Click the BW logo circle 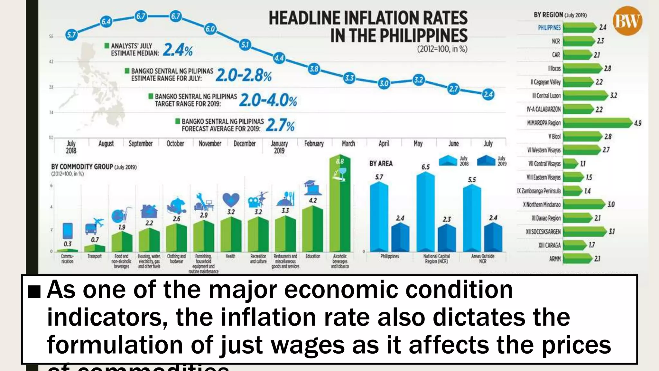[x=627, y=21]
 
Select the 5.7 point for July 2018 [x=71, y=34]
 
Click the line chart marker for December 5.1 [x=245, y=44]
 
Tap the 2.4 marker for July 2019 [x=488, y=94]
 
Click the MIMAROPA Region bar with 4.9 [x=597, y=123]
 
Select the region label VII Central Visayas [x=544, y=164]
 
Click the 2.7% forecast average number [x=280, y=125]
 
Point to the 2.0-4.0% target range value [x=268, y=100]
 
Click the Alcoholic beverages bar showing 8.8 [x=340, y=209]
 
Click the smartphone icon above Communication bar [x=68, y=231]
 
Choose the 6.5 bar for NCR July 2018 [x=425, y=213]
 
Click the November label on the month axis [x=210, y=144]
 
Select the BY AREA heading [x=381, y=164]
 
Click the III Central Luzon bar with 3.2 [x=584, y=96]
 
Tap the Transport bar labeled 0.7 [x=95, y=248]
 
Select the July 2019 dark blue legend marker [x=486, y=160]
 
